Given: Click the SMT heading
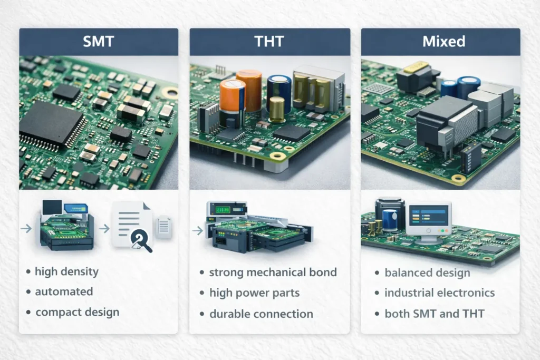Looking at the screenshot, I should click(x=99, y=42).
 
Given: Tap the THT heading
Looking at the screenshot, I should click(x=269, y=42).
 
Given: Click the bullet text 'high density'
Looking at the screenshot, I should click(x=66, y=272).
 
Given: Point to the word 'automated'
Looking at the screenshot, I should click(x=64, y=291).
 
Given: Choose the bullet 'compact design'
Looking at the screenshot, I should click(x=77, y=312).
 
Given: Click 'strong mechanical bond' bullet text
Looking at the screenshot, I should click(x=273, y=273).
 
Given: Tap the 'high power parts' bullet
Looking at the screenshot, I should click(x=254, y=293).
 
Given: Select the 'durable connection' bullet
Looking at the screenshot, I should click(x=261, y=314).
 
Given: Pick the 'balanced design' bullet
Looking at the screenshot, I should click(x=427, y=273).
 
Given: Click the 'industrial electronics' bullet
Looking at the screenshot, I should click(x=439, y=293).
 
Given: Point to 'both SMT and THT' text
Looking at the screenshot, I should click(x=435, y=314).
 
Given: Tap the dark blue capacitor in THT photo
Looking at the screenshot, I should click(x=279, y=92).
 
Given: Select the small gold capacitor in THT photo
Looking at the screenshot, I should click(x=276, y=108).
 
